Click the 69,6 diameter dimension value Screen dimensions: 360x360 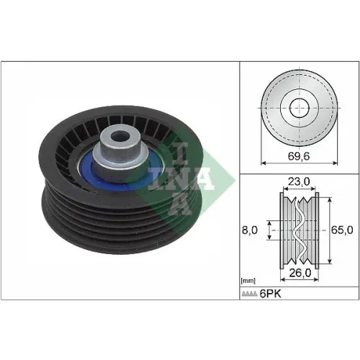299,156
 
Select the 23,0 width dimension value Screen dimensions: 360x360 299,181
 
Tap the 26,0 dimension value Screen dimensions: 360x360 300,273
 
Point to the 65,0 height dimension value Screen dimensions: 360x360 342,230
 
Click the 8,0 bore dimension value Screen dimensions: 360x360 250,230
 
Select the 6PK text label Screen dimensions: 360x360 271,294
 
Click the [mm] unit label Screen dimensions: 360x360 248,281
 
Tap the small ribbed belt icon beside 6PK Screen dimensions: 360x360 250,294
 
